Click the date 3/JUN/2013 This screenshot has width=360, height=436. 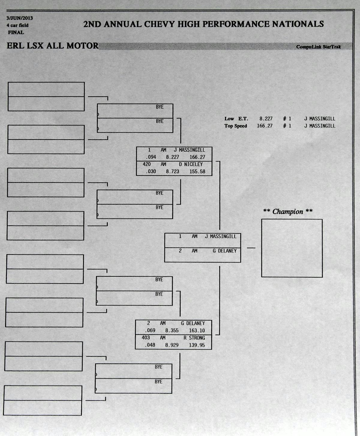coord(20,18)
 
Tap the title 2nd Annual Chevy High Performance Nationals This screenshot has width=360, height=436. coord(203,24)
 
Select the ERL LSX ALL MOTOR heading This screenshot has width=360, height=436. coord(52,46)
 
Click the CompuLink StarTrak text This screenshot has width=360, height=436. coord(318,47)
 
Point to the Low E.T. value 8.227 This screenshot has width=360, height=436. coord(266,119)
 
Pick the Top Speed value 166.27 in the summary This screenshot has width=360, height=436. coord(265,126)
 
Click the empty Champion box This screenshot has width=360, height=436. coord(292,248)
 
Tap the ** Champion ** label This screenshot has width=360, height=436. coord(288,212)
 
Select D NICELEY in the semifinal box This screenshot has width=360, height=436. coord(191,164)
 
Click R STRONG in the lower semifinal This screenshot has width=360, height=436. coord(194,338)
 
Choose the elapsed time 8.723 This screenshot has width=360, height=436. coord(172,171)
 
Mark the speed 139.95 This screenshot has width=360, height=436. coord(197,345)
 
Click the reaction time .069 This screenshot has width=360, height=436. coord(150,330)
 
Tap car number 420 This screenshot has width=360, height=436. coord(147,164)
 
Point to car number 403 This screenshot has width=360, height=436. coord(146,338)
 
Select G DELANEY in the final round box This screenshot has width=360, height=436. coord(224,251)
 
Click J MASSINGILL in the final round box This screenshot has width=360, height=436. coord(220,236)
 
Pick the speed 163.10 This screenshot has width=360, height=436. coord(197,330)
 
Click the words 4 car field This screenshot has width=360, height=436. coord(18,26)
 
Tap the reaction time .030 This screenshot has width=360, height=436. coord(151,171)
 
